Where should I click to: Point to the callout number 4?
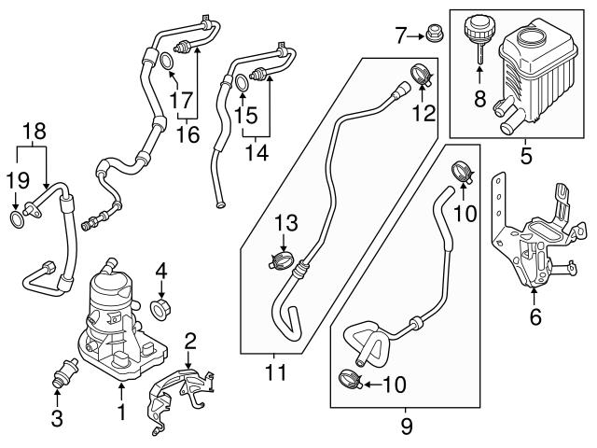[x=160, y=272]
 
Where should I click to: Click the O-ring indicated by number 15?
[x=241, y=81]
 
